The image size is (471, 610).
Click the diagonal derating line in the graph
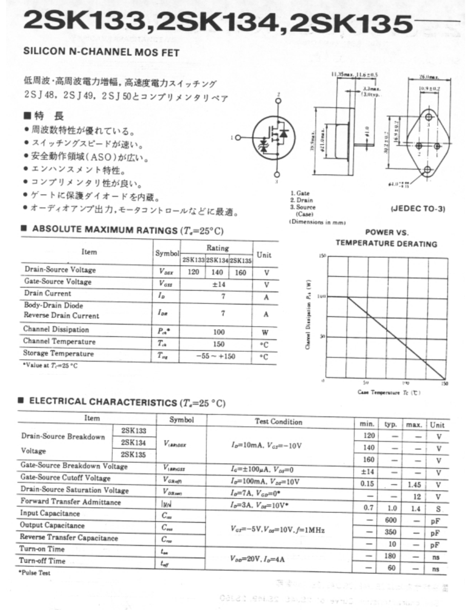pos(395,338)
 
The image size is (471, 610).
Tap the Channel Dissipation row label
pos(56,330)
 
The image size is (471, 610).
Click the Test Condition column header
pos(279,422)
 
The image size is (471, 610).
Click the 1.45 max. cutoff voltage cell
pos(414,484)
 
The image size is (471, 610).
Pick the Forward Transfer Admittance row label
pos(71,502)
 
